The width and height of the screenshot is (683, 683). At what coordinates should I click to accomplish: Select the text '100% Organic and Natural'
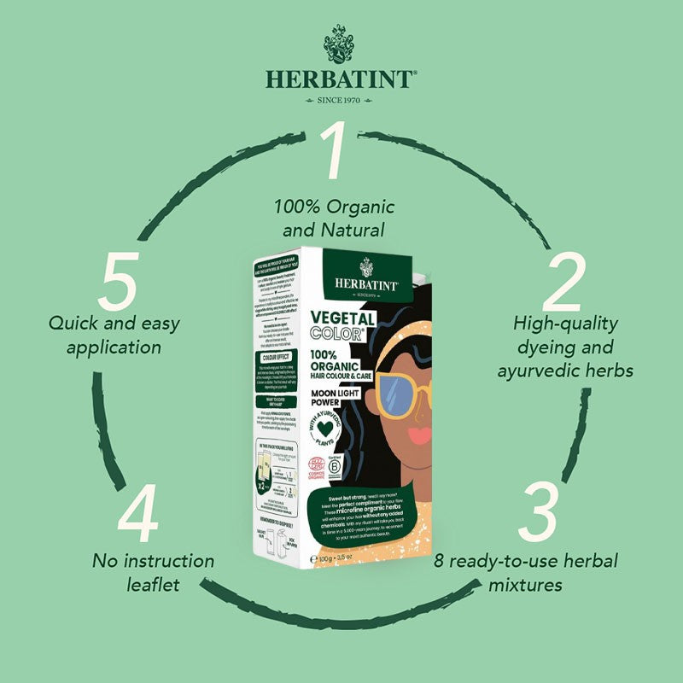tap(335, 218)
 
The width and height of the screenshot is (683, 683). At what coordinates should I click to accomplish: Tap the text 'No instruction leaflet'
tap(154, 573)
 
